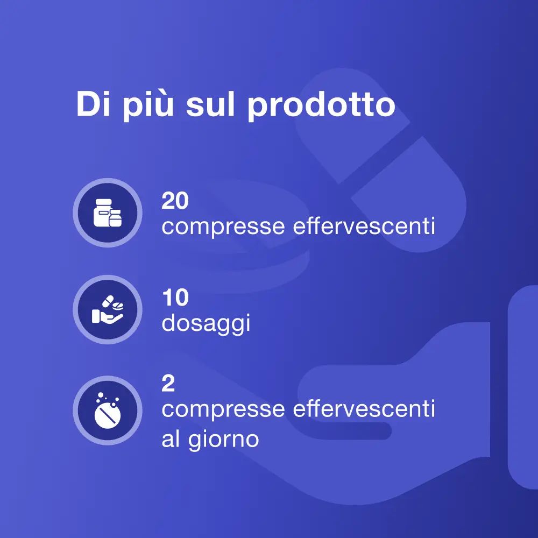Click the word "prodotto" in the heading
tap(321, 106)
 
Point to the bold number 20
tap(175, 201)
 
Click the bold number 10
tap(175, 298)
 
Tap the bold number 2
tap(168, 384)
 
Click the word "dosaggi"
tap(206, 325)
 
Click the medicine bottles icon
tap(107, 213)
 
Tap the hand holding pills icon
tap(107, 309)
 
